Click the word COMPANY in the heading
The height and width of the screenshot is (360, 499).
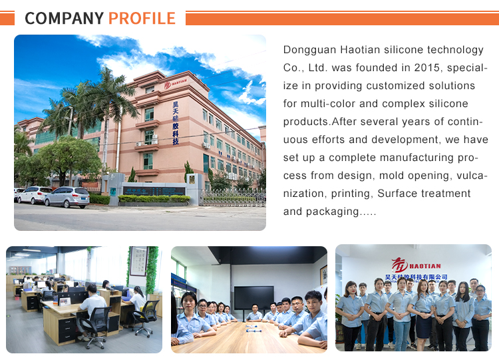[65, 18]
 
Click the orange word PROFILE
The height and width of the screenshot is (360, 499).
[142, 18]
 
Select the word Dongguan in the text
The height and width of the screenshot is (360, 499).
[309, 51]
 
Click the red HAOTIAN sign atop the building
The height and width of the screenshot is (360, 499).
[176, 83]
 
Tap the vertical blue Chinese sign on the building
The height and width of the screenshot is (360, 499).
[176, 123]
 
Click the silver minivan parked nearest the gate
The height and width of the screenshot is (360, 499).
[67, 197]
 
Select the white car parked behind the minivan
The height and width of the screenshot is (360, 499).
[34, 194]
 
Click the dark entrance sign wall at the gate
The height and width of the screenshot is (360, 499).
[154, 191]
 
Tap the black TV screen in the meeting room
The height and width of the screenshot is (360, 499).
[254, 297]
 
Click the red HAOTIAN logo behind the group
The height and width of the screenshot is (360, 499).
[416, 265]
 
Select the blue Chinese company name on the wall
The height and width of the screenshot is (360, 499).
[416, 277]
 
